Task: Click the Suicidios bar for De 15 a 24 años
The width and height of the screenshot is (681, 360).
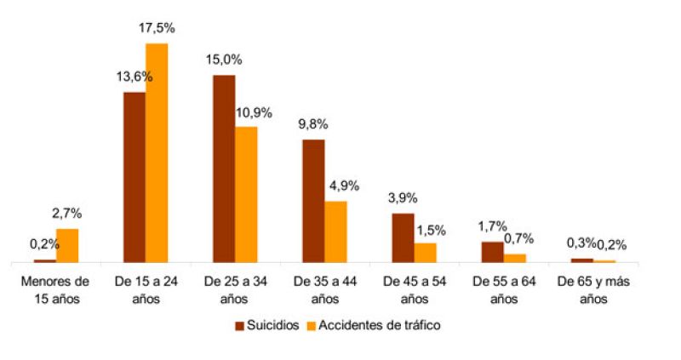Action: point(134,176)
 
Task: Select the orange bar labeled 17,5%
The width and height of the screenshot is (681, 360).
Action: point(157,152)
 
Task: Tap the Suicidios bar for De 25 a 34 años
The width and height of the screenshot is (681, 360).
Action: point(224,168)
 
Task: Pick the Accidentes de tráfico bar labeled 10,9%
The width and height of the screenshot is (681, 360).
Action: point(246,194)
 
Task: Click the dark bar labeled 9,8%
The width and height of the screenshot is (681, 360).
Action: point(313,200)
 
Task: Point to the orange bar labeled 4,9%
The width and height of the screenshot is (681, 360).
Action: point(335,231)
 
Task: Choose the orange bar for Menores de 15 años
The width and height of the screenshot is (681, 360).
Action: point(67,245)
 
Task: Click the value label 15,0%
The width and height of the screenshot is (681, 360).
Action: point(223,60)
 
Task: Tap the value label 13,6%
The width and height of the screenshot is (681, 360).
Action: point(134,77)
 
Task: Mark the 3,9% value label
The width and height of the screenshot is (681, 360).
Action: point(402,197)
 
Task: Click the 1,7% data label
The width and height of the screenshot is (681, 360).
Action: point(491,226)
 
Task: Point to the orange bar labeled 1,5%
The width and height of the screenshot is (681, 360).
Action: point(425,252)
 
